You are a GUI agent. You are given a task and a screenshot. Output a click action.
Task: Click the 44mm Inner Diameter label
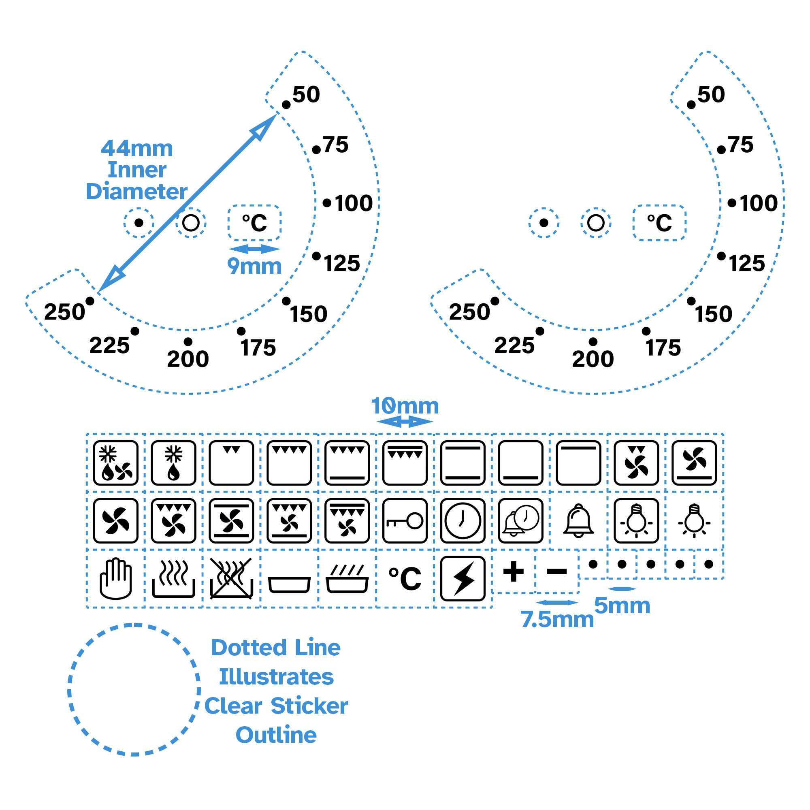136,170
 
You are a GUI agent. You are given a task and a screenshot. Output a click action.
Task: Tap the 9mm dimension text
254,266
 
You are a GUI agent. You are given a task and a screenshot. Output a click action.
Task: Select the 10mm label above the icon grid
405,406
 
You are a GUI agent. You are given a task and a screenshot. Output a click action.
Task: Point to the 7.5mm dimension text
557,619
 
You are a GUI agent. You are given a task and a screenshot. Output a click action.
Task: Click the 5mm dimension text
622,605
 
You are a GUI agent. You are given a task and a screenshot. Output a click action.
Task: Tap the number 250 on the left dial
64,312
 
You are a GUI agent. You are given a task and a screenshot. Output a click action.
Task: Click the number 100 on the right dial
759,203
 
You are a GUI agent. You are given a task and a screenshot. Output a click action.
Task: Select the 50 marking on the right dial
711,94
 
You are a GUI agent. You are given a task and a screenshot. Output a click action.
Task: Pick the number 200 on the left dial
188,359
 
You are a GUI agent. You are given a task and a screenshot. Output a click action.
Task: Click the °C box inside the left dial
254,223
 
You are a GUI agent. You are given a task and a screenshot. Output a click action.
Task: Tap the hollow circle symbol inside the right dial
596,223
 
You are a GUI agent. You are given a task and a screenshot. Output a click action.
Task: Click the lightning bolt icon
463,579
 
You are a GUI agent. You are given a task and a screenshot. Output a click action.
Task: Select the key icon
405,521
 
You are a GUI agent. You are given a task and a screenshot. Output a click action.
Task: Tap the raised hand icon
116,579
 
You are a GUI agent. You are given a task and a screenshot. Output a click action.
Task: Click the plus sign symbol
514,571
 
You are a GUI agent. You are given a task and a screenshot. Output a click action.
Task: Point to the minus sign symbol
557,571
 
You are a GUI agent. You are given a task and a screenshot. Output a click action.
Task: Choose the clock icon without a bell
463,521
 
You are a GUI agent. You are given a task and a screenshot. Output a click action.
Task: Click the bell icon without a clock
579,521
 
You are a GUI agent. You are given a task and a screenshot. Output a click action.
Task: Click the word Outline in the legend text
276,735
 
